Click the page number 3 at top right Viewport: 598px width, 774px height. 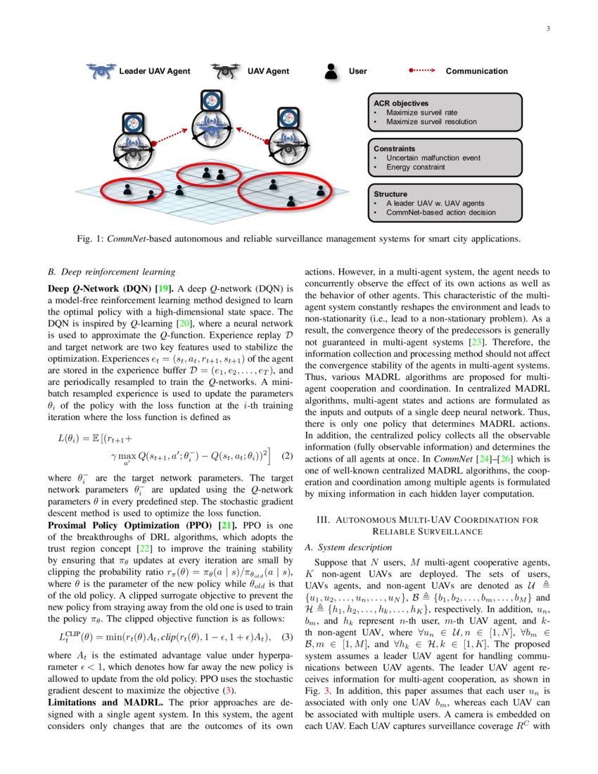point(547,29)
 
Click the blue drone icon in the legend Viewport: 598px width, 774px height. point(101,71)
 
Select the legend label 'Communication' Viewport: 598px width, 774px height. point(476,71)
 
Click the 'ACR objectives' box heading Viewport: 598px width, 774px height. point(401,103)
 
